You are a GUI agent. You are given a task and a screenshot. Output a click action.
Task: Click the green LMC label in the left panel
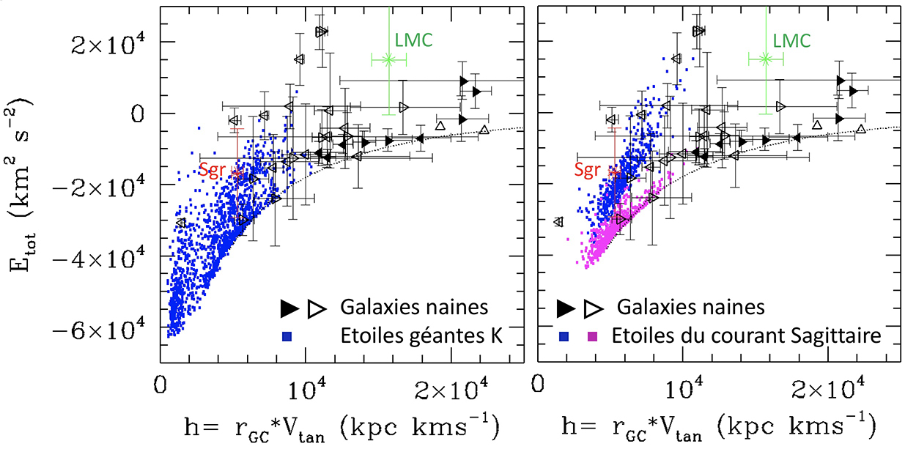pos(414,40)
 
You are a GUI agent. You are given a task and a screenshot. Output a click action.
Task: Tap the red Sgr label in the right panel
pos(586,169)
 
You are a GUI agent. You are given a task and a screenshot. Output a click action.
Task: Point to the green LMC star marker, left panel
pos(389,59)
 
